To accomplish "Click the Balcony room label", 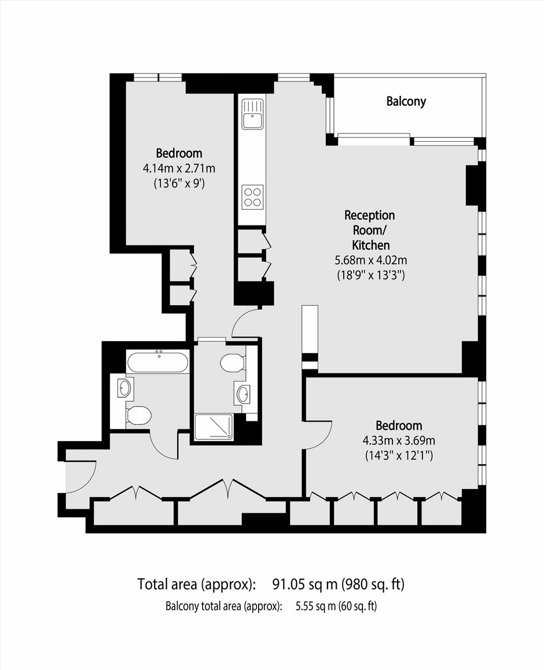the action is (x=406, y=102).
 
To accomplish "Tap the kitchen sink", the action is (x=252, y=114).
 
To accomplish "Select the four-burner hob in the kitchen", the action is (x=252, y=197).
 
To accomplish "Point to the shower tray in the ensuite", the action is (x=214, y=427).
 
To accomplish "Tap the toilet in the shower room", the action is (x=233, y=363).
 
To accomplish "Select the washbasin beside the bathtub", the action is (x=125, y=388).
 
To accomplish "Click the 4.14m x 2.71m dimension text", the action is (x=179, y=168).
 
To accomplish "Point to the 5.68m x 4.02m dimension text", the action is (x=371, y=260).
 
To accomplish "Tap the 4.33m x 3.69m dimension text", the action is (x=399, y=440).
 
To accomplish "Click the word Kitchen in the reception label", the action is (x=371, y=245).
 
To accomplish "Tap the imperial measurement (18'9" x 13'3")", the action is (x=371, y=275).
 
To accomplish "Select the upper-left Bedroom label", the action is (x=179, y=153).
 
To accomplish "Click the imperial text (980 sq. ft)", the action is (x=373, y=584).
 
